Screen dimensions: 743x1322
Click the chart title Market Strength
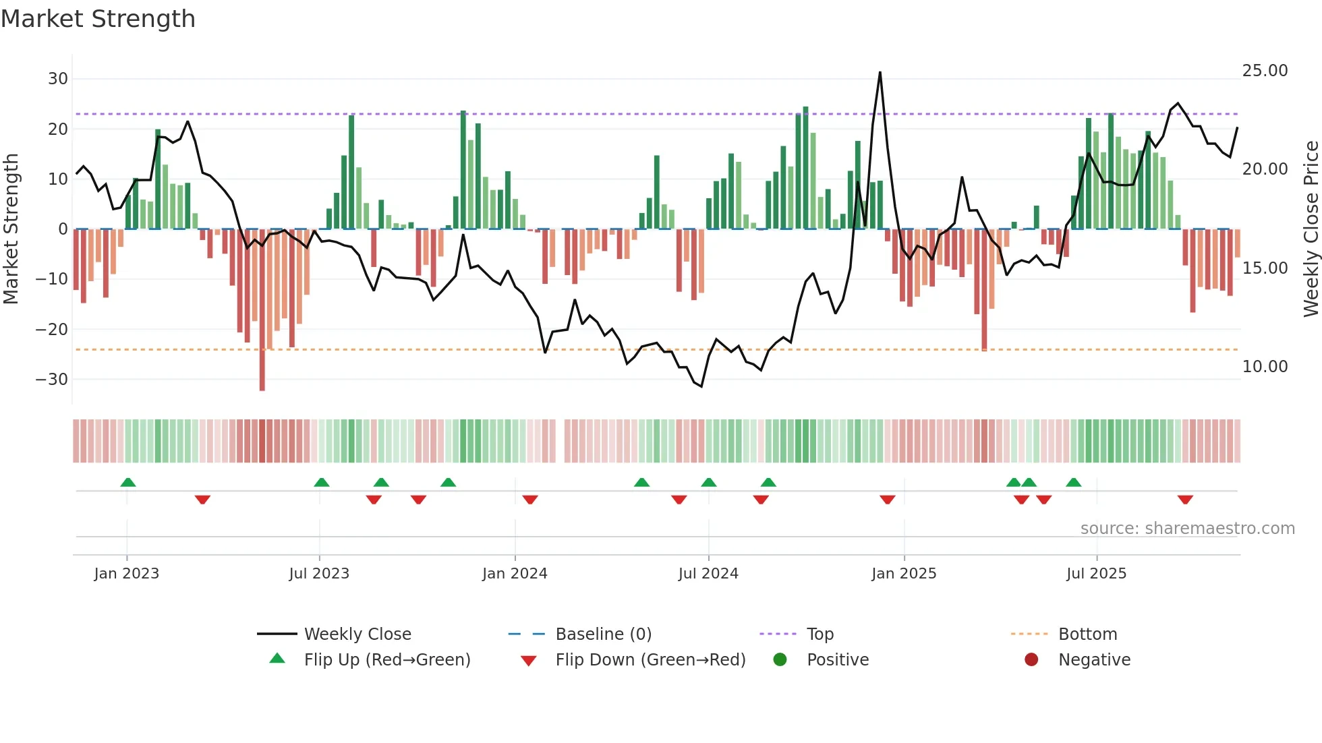tap(98, 19)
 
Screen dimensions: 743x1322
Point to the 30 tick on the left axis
tap(58, 79)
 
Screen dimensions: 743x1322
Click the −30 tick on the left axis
tap(53, 380)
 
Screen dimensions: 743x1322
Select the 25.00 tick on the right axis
tap(1265, 71)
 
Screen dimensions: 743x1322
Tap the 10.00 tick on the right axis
tap(1265, 367)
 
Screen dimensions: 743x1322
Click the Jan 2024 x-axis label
tap(515, 574)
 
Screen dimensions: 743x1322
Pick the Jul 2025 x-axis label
tap(1096, 574)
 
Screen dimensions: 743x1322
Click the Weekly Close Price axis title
tap(1311, 229)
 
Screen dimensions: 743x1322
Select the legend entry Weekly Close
tap(357, 634)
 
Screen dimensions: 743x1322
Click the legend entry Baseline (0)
tap(603, 634)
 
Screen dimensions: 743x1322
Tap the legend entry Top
tap(820, 634)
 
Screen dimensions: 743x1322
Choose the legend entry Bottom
tap(1087, 634)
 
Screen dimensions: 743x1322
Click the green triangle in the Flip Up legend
tap(277, 659)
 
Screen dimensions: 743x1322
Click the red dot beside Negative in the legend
tap(1031, 659)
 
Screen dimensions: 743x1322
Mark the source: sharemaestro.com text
tap(1187, 529)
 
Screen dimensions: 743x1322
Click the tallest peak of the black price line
tap(880, 73)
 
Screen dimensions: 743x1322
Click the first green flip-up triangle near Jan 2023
tap(128, 482)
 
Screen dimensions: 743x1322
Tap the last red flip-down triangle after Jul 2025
tap(1185, 500)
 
